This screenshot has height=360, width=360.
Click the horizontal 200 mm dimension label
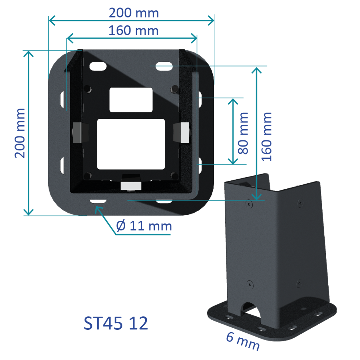[134, 13]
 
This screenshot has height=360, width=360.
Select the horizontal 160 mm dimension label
[134, 31]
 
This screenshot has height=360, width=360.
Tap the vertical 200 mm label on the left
[20, 133]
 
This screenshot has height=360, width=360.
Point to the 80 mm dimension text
[243, 133]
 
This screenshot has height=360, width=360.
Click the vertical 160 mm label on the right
[266, 137]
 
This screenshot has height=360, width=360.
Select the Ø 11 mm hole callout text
[144, 226]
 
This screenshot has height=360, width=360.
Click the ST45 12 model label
[116, 323]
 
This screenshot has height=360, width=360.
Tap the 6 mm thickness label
[243, 341]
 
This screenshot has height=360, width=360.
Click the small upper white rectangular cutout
[131, 100]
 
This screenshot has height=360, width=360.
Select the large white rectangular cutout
[131, 144]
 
